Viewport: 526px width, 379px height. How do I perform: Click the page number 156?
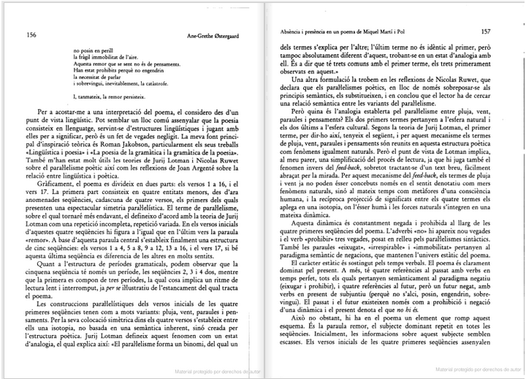[31, 34]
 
